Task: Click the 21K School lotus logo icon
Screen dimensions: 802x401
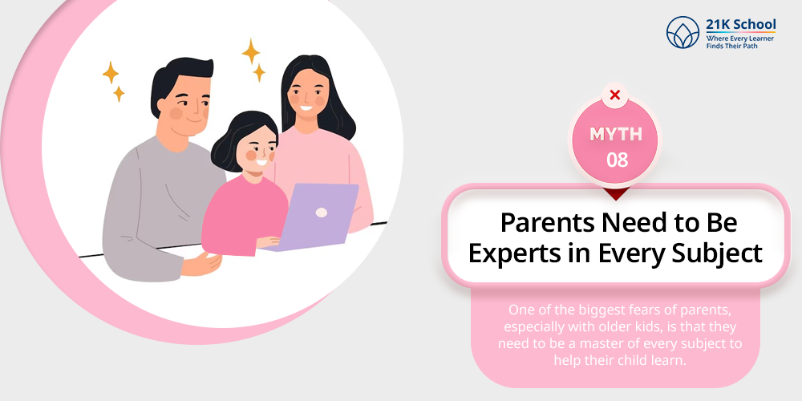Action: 683,32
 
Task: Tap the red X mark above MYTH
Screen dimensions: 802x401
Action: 615,95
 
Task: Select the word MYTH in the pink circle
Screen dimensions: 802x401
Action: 616,134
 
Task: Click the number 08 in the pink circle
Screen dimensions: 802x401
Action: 616,160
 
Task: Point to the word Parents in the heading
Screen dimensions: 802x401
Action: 547,222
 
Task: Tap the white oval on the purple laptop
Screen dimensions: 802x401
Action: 322,213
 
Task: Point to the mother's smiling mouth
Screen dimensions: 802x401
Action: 306,107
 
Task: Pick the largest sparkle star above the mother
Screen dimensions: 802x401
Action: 250,51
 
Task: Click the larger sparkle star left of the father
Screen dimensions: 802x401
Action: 111,73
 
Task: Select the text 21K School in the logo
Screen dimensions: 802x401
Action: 740,24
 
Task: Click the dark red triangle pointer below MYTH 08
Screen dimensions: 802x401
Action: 616,192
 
